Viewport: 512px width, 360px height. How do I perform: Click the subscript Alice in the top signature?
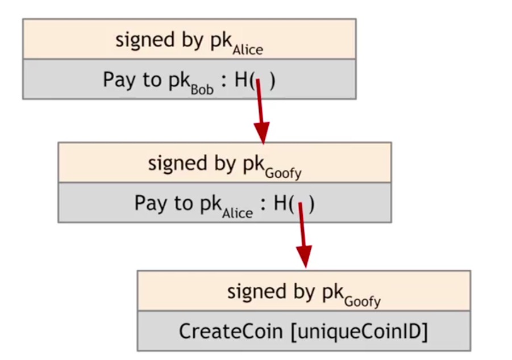tap(248, 49)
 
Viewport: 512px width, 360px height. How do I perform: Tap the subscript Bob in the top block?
tap(202, 89)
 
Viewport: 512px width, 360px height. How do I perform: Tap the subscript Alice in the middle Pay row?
tap(238, 213)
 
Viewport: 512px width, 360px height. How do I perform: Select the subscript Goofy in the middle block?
tap(283, 173)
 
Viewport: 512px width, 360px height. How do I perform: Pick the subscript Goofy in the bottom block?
tap(363, 301)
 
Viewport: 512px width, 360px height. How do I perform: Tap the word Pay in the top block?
tap(115, 80)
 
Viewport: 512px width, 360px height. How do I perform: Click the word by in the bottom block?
tap(297, 292)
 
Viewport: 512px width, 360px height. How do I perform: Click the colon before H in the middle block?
tap(263, 204)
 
